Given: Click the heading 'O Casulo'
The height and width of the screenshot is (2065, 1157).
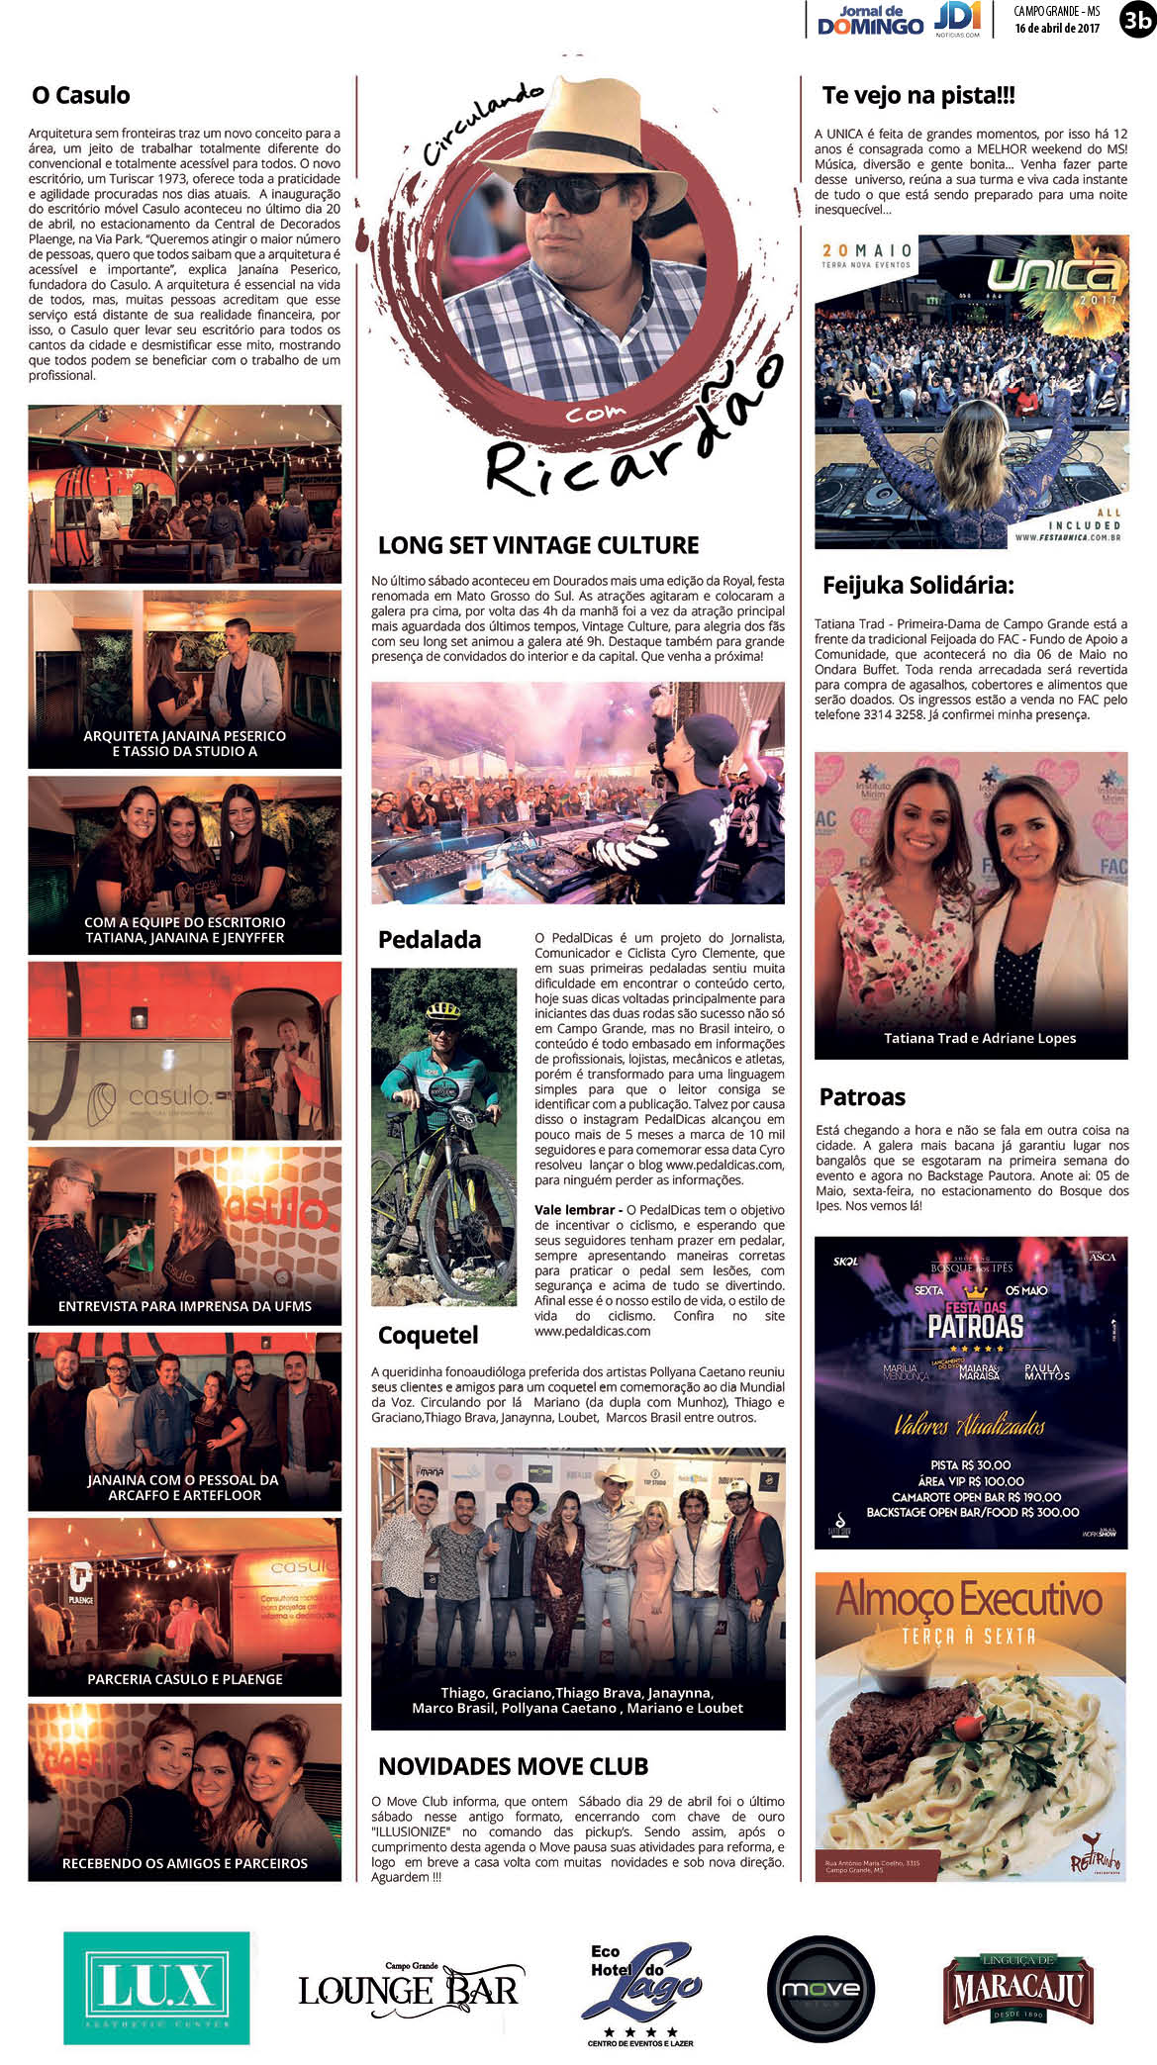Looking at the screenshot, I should click(81, 96).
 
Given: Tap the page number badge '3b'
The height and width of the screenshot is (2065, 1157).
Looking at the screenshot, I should click(1136, 21).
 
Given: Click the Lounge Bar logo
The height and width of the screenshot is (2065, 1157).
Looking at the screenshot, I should click(409, 1988).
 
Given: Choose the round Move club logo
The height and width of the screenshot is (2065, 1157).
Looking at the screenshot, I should click(820, 1989).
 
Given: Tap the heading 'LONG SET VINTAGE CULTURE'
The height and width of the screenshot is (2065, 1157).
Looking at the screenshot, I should click(538, 545).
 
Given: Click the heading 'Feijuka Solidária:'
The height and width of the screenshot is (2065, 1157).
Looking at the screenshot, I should click(917, 585).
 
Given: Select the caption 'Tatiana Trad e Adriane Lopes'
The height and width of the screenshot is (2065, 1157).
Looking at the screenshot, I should click(980, 1038).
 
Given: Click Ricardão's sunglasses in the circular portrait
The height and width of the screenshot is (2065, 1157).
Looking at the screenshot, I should click(569, 191).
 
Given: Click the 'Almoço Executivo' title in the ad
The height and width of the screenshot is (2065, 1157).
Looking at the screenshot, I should click(969, 1599).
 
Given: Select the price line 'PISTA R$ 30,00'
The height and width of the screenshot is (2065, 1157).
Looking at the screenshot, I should click(970, 1464).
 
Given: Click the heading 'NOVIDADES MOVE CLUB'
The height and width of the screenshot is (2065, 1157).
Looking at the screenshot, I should click(513, 1766).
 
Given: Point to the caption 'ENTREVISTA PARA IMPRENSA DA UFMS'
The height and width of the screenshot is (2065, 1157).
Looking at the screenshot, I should click(185, 1306).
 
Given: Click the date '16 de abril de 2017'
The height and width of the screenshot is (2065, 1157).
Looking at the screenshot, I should click(1056, 29).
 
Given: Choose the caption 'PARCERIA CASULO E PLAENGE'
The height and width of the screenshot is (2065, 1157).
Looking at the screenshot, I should click(185, 1679).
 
